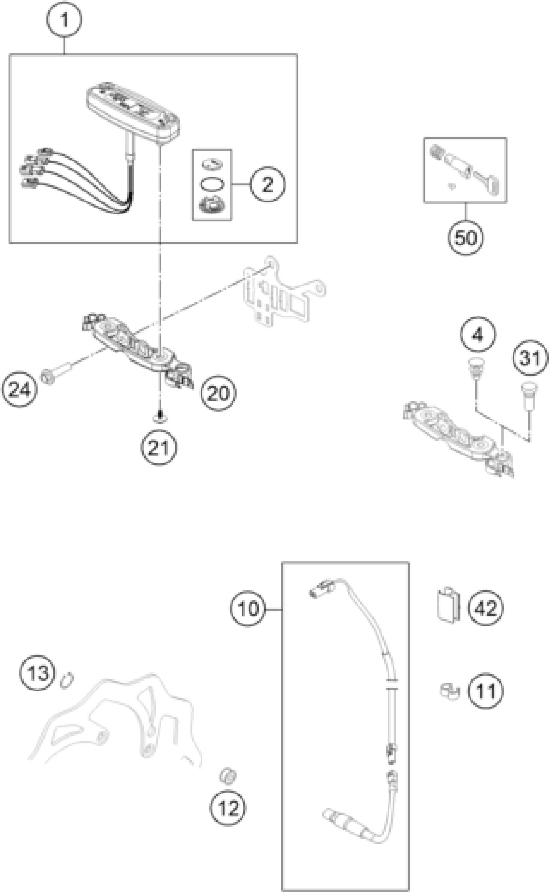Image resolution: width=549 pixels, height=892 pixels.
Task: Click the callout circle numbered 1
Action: click(64, 20)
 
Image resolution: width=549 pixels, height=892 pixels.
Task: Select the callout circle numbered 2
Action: click(268, 184)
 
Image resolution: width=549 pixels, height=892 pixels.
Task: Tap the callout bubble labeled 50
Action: click(465, 238)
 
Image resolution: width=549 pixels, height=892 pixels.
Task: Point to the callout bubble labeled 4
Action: click(478, 334)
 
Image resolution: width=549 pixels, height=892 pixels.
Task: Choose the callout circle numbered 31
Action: click(530, 358)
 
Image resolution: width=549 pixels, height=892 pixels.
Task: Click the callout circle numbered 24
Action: click(19, 389)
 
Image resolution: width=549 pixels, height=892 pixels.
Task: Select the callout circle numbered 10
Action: click(248, 609)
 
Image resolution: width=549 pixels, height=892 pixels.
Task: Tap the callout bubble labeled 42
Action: click(486, 608)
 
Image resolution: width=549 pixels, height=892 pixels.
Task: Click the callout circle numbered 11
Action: click(485, 691)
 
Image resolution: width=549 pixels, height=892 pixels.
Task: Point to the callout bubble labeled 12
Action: click(228, 808)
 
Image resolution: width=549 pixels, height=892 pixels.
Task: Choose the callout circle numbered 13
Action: click(37, 673)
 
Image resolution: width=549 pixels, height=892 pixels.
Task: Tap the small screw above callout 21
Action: click(160, 418)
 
